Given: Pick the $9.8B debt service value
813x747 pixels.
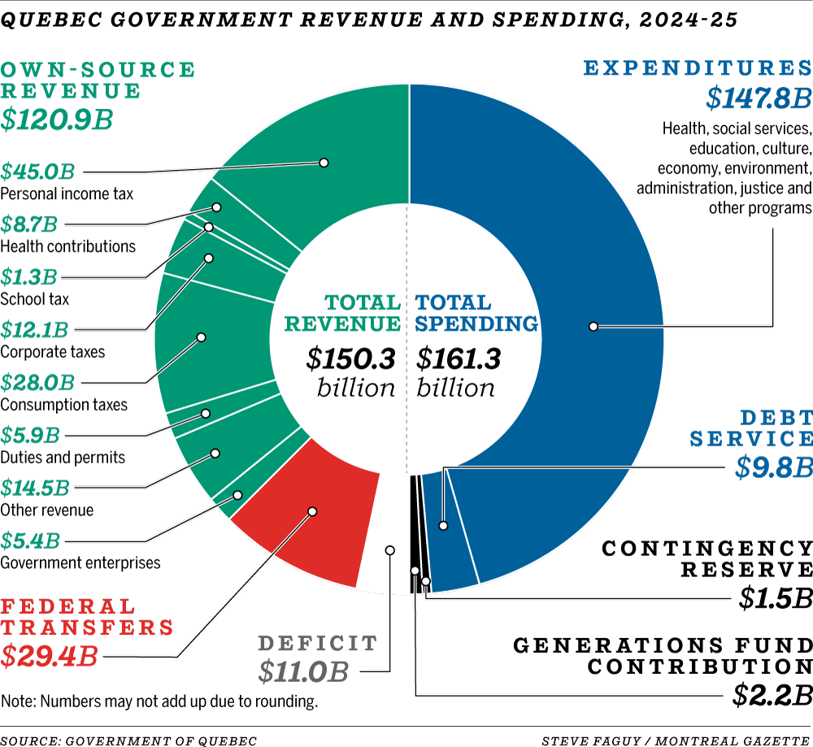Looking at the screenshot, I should (773, 467).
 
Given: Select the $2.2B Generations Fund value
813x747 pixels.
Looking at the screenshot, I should (772, 695).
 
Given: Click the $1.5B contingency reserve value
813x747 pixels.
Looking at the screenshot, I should (776, 597).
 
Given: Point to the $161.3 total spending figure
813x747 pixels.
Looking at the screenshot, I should (459, 358).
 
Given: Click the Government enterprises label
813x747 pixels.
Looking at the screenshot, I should (80, 562).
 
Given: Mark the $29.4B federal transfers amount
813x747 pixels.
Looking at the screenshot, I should (50, 655).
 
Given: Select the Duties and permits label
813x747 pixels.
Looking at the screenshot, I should (63, 457).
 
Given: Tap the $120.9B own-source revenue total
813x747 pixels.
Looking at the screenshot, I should (56, 119).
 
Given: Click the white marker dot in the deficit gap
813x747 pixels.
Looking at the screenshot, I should (389, 550).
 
